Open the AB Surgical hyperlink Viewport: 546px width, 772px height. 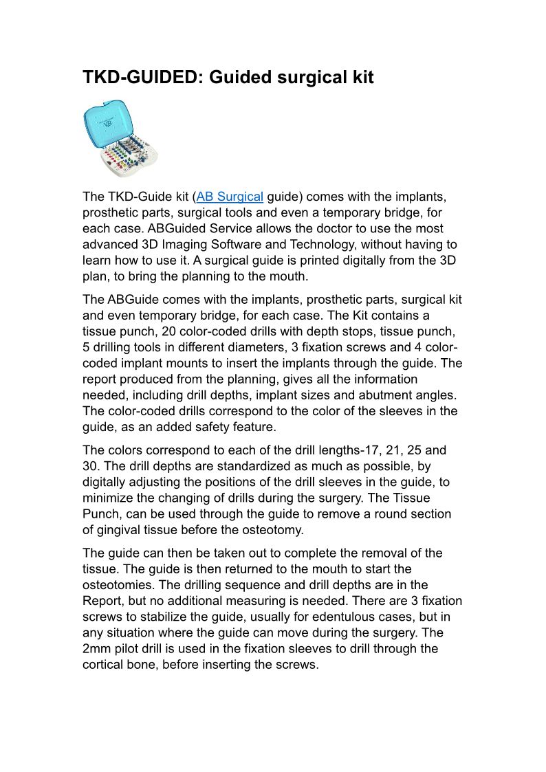pos(230,197)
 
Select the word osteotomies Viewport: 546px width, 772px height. pos(118,585)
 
